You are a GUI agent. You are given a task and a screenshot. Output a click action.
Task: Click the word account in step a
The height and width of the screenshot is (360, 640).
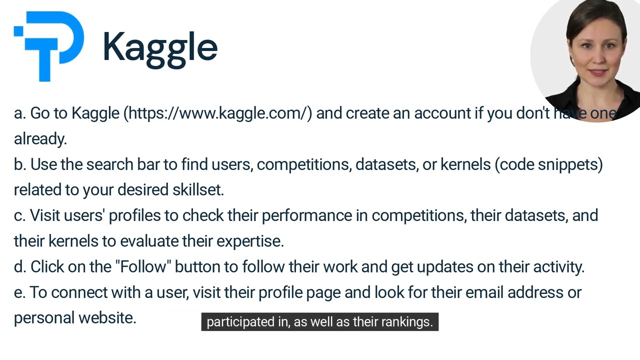(441, 113)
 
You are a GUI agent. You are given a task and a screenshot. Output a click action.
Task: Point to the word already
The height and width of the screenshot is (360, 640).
(40, 139)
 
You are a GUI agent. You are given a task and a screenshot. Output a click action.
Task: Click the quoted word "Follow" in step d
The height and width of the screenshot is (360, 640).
(143, 267)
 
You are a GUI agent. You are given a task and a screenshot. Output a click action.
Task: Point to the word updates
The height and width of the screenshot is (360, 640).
(444, 267)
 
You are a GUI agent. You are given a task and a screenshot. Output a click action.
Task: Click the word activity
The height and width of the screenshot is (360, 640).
(558, 267)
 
